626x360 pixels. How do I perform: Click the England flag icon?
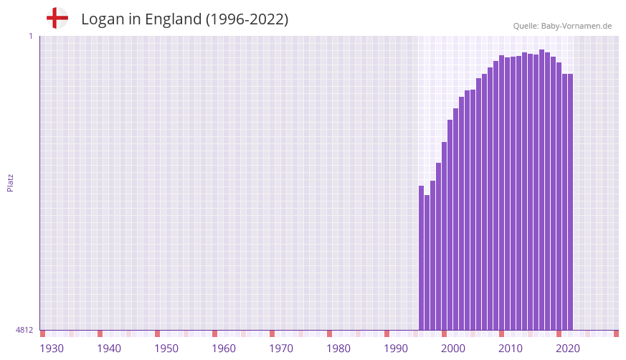[57, 18]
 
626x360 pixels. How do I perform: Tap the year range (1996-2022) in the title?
[247, 19]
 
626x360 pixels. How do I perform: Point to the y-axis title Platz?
[11, 182]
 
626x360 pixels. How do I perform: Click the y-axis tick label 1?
[30, 36]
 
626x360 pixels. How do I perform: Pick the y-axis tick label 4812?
[24, 330]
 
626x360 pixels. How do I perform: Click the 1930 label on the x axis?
[52, 349]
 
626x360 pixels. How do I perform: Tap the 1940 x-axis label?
[109, 349]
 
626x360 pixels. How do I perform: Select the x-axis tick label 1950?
[166, 349]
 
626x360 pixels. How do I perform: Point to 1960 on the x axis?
[224, 349]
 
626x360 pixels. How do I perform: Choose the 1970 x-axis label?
[281, 349]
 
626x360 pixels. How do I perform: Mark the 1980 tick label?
[338, 349]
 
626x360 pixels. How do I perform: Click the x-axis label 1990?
[396, 349]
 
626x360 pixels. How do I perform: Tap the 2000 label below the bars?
[453, 349]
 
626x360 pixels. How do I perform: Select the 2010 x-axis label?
[511, 349]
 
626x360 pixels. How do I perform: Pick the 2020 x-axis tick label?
[568, 349]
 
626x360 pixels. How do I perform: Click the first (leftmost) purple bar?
[422, 258]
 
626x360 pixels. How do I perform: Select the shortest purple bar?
[427, 262]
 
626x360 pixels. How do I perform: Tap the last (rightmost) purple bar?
[571, 202]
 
